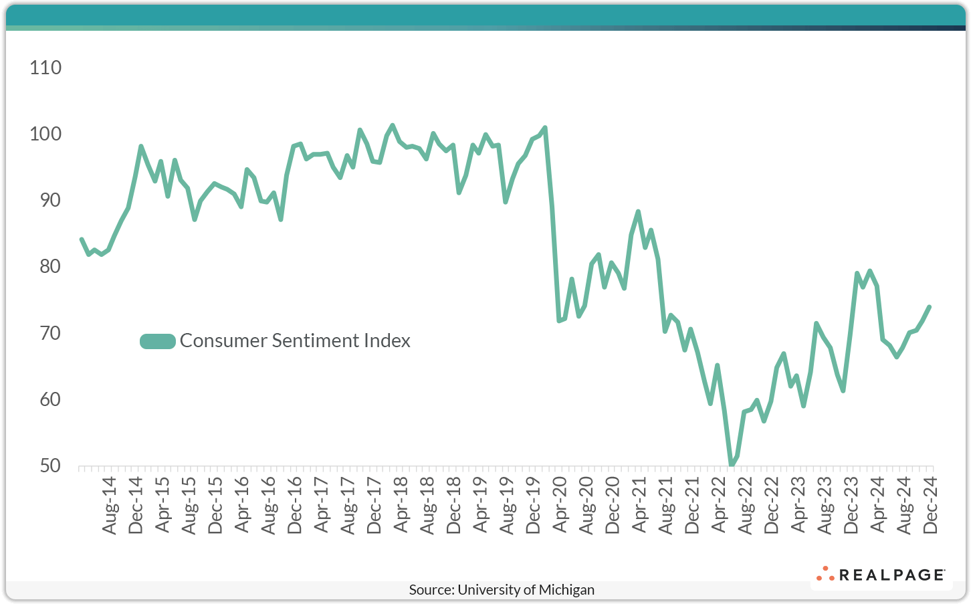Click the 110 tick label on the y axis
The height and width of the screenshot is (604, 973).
pyautogui.click(x=45, y=68)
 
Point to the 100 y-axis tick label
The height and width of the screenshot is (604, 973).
pyautogui.click(x=45, y=134)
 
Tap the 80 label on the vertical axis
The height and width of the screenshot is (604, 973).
pyautogui.click(x=45, y=266)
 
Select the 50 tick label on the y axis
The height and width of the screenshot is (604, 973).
pyautogui.click(x=45, y=466)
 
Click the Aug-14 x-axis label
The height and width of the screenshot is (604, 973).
pyautogui.click(x=110, y=505)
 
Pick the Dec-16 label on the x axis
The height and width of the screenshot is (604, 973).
pyautogui.click(x=295, y=505)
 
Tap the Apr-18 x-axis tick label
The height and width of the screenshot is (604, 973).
pyautogui.click(x=401, y=505)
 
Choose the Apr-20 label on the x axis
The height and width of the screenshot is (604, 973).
pyautogui.click(x=560, y=505)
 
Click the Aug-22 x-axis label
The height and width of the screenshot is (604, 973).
pyautogui.click(x=745, y=505)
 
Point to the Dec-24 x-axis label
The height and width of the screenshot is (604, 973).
pyautogui.click(x=930, y=505)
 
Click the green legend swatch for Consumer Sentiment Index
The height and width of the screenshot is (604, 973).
pyautogui.click(x=157, y=341)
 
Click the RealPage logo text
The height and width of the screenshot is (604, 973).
pyautogui.click(x=891, y=575)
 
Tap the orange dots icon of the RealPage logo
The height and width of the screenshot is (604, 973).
pyautogui.click(x=825, y=574)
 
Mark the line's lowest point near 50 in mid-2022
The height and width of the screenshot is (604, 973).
pyautogui.click(x=731, y=465)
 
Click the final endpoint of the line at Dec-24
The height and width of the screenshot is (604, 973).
pyautogui.click(x=930, y=307)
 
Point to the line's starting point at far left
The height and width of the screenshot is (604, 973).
pyautogui.click(x=82, y=239)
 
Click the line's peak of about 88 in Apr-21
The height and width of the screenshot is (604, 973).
pyautogui.click(x=638, y=212)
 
